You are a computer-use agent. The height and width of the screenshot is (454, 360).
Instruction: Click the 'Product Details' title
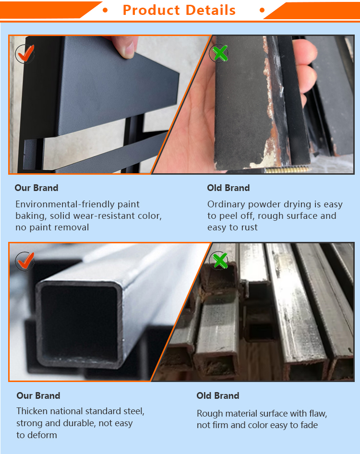tap(179, 10)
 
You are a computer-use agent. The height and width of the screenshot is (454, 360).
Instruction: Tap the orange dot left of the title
tap(105, 10)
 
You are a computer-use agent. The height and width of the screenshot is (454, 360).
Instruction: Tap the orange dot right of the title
tap(262, 10)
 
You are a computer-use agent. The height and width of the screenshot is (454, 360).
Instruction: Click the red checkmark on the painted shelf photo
tap(25, 53)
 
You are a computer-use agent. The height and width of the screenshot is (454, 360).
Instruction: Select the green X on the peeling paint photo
tap(219, 53)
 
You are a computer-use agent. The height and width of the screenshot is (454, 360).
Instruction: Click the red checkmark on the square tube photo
tap(25, 261)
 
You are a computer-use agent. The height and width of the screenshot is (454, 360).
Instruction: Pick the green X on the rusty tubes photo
tap(219, 260)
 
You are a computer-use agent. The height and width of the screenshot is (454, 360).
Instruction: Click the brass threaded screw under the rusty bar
tap(287, 170)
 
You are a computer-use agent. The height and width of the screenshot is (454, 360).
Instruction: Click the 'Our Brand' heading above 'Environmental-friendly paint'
tap(36, 188)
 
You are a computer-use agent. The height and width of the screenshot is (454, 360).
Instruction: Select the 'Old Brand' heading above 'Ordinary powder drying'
tap(228, 188)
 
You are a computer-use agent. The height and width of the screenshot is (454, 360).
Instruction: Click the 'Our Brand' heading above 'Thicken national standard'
tap(38, 395)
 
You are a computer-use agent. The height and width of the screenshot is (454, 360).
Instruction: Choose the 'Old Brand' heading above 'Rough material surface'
tap(218, 395)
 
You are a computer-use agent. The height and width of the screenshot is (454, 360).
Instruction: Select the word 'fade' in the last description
tap(309, 425)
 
